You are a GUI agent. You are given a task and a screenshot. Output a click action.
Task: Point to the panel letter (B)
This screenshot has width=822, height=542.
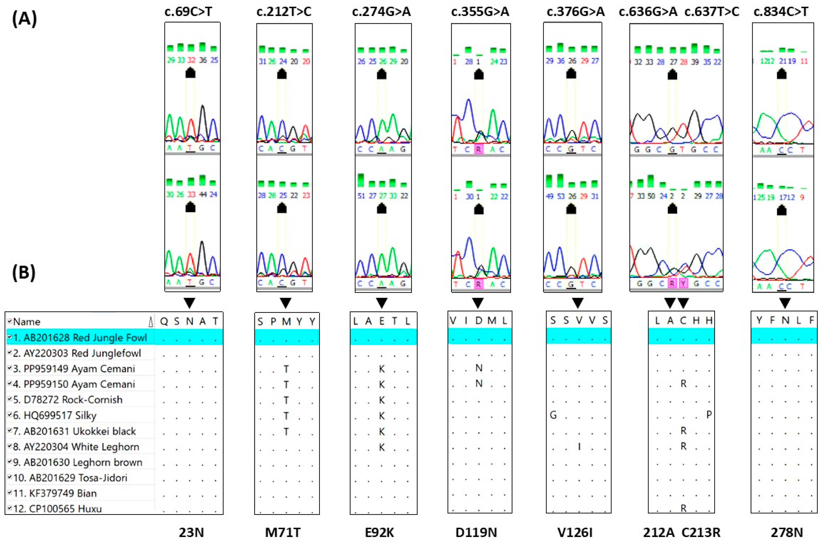point(24,273)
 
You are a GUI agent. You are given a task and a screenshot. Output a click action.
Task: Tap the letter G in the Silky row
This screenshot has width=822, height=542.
point(553,415)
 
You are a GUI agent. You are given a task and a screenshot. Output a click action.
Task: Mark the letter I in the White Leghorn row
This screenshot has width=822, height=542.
point(579,446)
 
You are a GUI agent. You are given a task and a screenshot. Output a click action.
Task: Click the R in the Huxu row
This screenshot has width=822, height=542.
point(683,508)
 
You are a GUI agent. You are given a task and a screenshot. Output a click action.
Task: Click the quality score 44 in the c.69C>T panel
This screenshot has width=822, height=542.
point(203,195)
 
